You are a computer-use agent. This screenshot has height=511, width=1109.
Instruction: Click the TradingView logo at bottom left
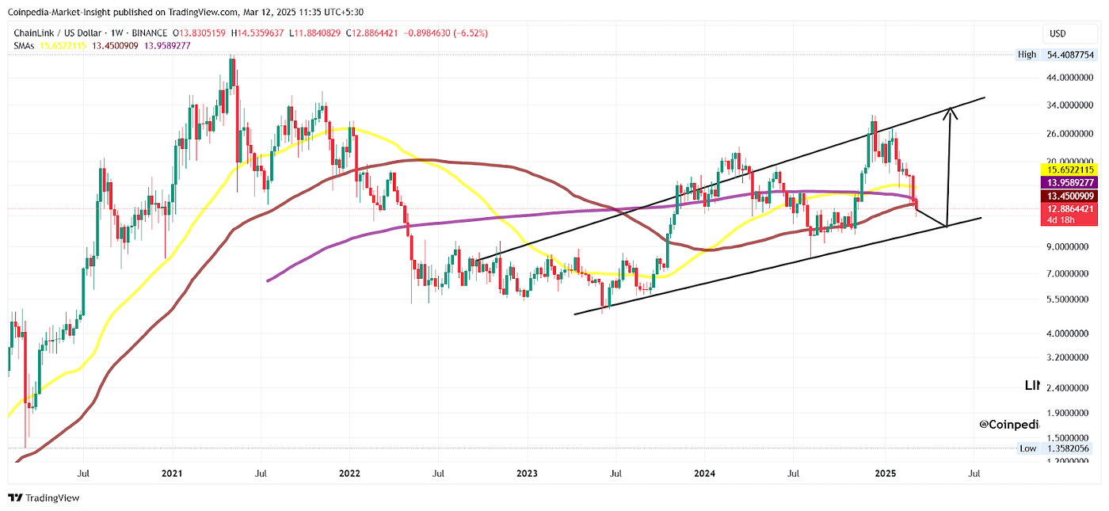click(44, 498)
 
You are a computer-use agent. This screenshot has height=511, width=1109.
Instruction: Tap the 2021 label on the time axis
click(172, 473)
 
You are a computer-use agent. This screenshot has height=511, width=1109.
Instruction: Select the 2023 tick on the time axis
click(527, 473)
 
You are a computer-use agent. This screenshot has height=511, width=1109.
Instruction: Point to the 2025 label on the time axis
click(885, 473)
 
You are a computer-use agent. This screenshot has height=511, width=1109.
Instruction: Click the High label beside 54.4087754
click(1027, 55)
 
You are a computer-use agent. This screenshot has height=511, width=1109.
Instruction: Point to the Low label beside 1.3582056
click(1027, 448)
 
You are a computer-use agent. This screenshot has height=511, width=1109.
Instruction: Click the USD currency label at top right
click(1057, 33)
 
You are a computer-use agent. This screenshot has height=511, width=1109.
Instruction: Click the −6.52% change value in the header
click(468, 33)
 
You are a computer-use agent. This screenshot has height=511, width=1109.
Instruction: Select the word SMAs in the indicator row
click(24, 45)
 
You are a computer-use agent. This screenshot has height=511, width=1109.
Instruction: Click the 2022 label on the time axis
click(349, 473)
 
